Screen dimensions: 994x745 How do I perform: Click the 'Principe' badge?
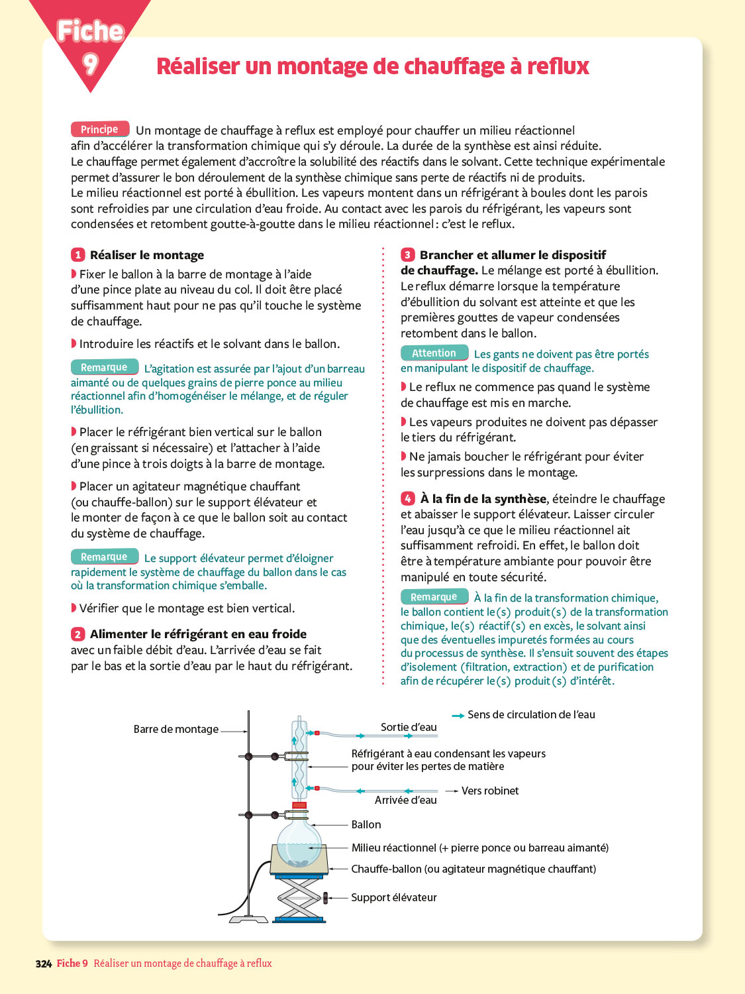point(99,129)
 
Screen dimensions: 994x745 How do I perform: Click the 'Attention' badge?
point(434,353)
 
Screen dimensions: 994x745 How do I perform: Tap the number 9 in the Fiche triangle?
point(90,64)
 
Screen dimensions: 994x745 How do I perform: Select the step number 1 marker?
point(78,255)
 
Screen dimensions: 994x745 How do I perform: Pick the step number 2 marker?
point(78,634)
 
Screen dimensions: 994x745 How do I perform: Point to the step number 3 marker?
point(407,255)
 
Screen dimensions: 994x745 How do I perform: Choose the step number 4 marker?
point(408,499)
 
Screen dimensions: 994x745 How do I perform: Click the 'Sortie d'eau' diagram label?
point(409,727)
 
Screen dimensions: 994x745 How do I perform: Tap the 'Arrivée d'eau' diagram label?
point(405,800)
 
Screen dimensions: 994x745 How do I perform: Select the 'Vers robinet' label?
point(490,791)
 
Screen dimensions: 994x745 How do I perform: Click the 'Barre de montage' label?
point(175,729)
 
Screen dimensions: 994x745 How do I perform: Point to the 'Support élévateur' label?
point(394,897)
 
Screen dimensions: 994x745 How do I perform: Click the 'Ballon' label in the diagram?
point(366,824)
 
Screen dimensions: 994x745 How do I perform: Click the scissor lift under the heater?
point(299,898)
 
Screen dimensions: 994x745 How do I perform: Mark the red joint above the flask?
point(299,805)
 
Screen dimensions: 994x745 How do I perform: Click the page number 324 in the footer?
point(44,964)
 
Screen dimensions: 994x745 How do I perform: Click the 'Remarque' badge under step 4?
point(434,597)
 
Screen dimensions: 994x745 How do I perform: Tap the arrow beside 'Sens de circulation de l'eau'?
point(458,716)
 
